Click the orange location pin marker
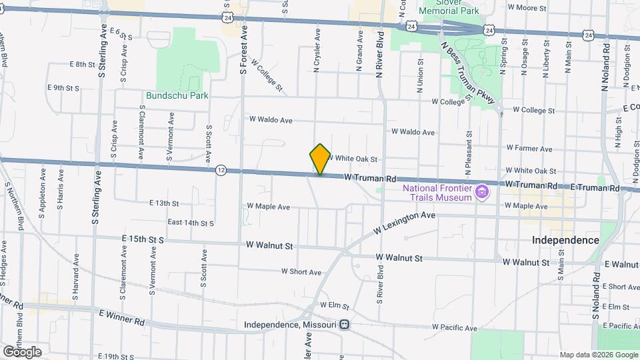pos(320,159)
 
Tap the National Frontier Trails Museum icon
pos(481,194)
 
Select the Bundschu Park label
pos(177,95)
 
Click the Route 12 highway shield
pos(221,171)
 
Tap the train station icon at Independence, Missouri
pos(345,325)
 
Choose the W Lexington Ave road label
pos(404,223)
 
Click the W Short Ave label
pos(301,271)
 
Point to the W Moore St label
pos(527,8)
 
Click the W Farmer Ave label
pos(529,149)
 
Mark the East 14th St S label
pos(191,223)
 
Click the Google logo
pos(22,351)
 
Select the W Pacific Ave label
pos(455,328)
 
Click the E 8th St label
pos(83,64)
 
